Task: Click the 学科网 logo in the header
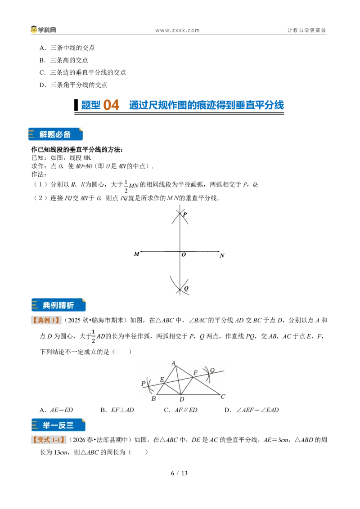click(x=44, y=30)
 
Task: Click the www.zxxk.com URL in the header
click(x=177, y=31)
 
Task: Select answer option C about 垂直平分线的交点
click(x=83, y=72)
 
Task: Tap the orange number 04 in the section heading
click(x=111, y=105)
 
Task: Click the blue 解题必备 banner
click(x=55, y=134)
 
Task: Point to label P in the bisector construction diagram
click(x=184, y=214)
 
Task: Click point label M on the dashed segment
click(x=136, y=254)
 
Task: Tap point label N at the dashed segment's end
click(x=222, y=256)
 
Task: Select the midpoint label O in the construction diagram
click(x=184, y=255)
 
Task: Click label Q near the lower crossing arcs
click(x=186, y=288)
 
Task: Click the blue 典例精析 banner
click(x=58, y=305)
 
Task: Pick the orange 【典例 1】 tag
click(x=46, y=321)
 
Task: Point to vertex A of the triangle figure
click(x=174, y=363)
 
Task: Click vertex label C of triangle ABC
click(x=223, y=396)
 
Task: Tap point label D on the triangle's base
click(x=182, y=399)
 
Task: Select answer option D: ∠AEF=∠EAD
click(x=252, y=410)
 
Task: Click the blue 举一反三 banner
click(x=58, y=425)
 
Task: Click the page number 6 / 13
click(x=180, y=473)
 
